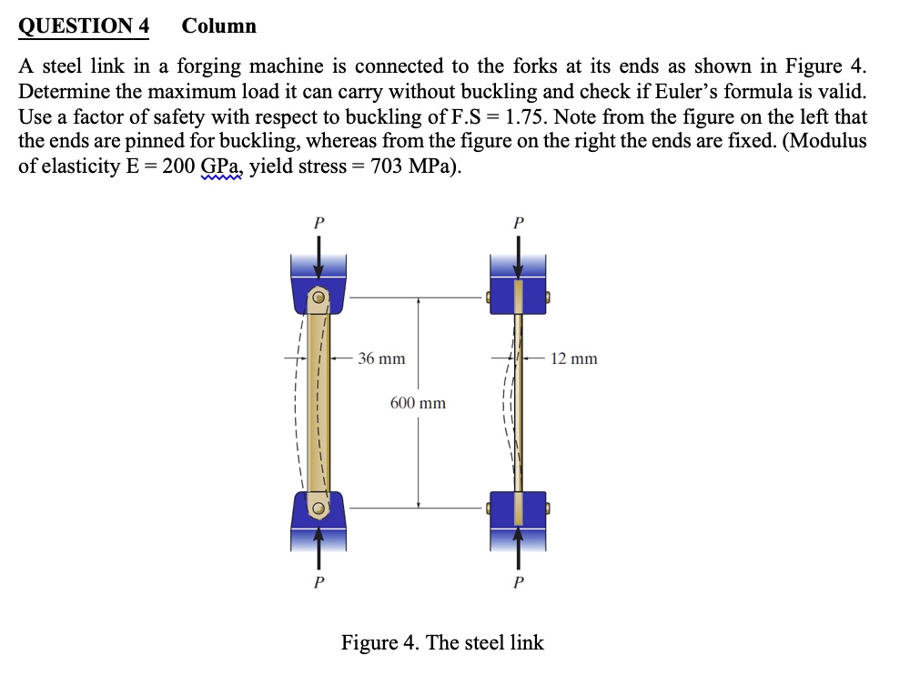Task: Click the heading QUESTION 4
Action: pos(84,25)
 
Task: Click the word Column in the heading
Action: pos(219,25)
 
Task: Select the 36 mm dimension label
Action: pos(381,358)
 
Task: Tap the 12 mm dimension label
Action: pos(574,358)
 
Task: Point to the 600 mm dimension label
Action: pos(418,402)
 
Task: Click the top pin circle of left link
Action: pos(318,297)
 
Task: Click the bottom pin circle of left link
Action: pos(318,509)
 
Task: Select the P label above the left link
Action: pos(318,221)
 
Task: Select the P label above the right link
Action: pos(518,221)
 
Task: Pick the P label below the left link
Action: pos(318,583)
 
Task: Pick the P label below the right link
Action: pos(518,583)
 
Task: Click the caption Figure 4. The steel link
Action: pos(442,642)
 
